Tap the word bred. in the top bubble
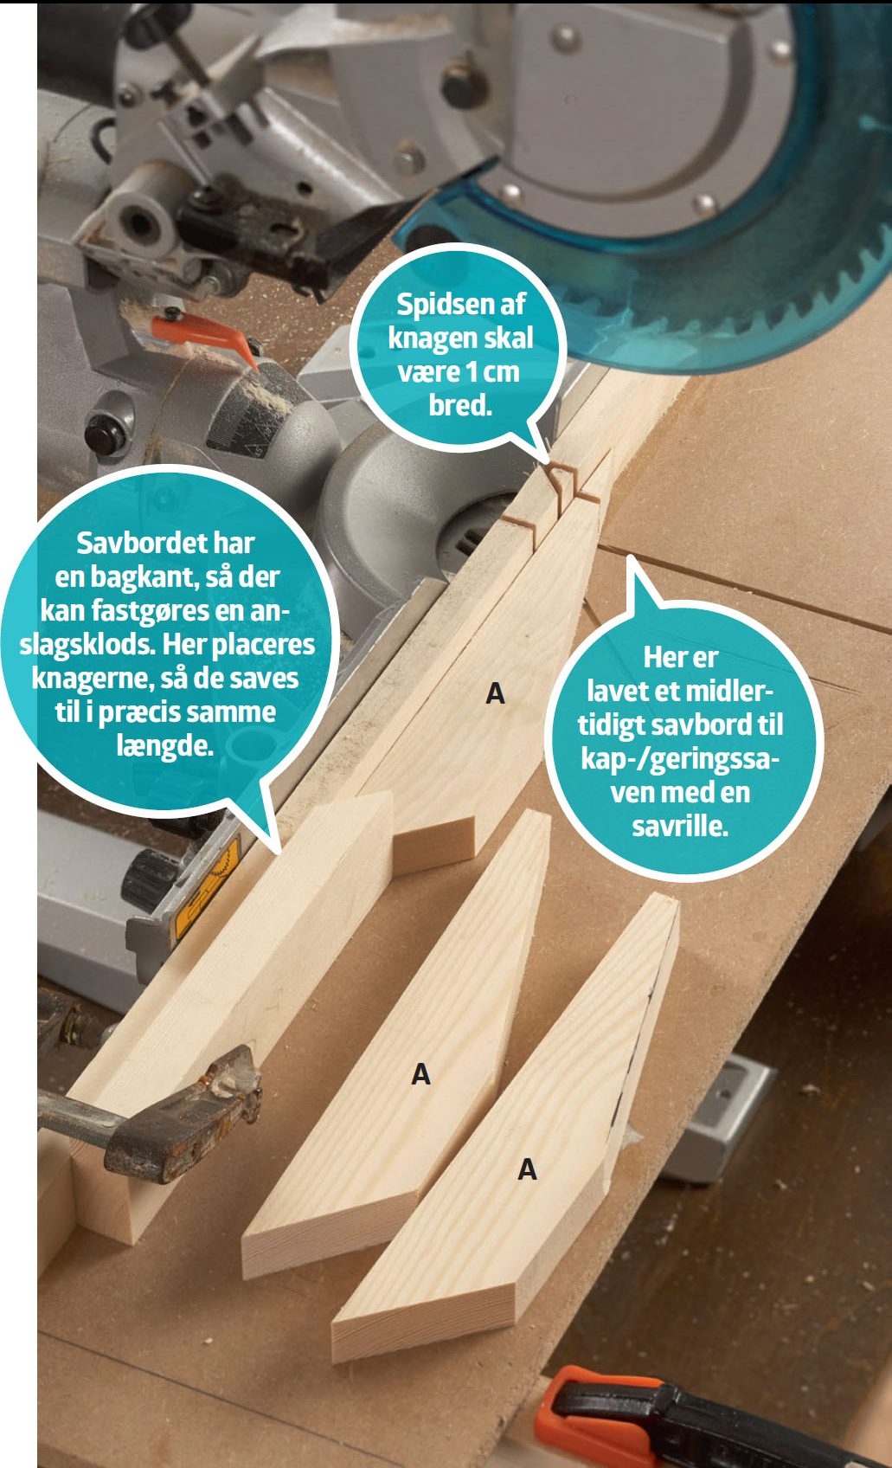(x=459, y=406)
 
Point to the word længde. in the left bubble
(x=165, y=746)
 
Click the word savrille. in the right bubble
(x=680, y=826)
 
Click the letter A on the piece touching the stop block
(x=495, y=693)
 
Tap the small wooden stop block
(x=433, y=846)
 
